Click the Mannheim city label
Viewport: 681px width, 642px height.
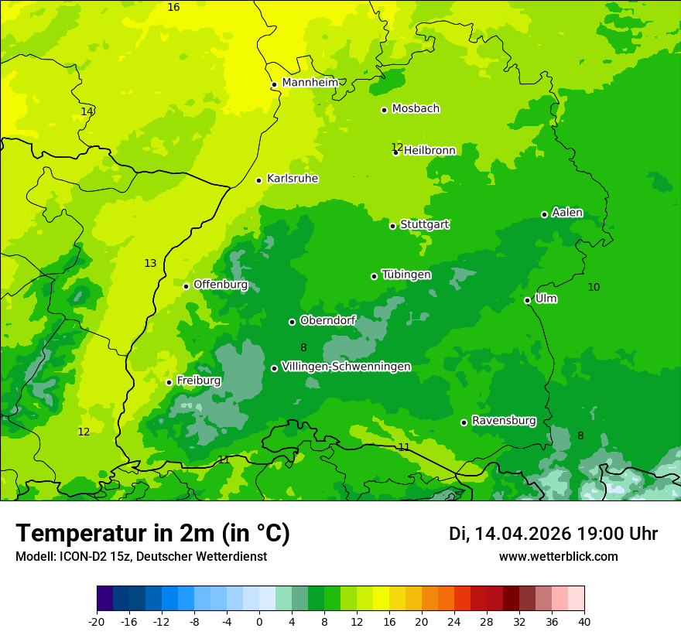tap(310, 83)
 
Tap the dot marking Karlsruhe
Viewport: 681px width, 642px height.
tap(259, 180)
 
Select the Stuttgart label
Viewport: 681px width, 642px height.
tap(424, 225)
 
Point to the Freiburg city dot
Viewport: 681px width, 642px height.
tap(169, 382)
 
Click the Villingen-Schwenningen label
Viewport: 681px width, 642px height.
tap(346, 367)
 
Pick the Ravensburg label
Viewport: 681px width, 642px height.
tap(504, 421)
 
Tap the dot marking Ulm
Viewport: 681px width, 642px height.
tap(528, 300)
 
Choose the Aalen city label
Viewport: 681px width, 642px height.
tap(567, 213)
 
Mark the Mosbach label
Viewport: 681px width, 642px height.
tap(416, 109)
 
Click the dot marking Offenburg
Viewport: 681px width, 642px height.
tap(187, 286)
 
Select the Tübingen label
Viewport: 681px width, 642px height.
tap(406, 275)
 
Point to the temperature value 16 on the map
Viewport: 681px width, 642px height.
tap(173, 7)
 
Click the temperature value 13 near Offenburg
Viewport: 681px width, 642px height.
tap(150, 264)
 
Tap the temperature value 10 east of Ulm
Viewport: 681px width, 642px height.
tap(594, 287)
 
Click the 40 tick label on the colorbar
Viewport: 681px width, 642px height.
tap(583, 621)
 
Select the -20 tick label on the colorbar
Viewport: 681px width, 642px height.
tap(96, 621)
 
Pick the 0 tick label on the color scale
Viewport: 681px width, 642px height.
tap(259, 621)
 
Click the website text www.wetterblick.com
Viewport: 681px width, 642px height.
tap(558, 556)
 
